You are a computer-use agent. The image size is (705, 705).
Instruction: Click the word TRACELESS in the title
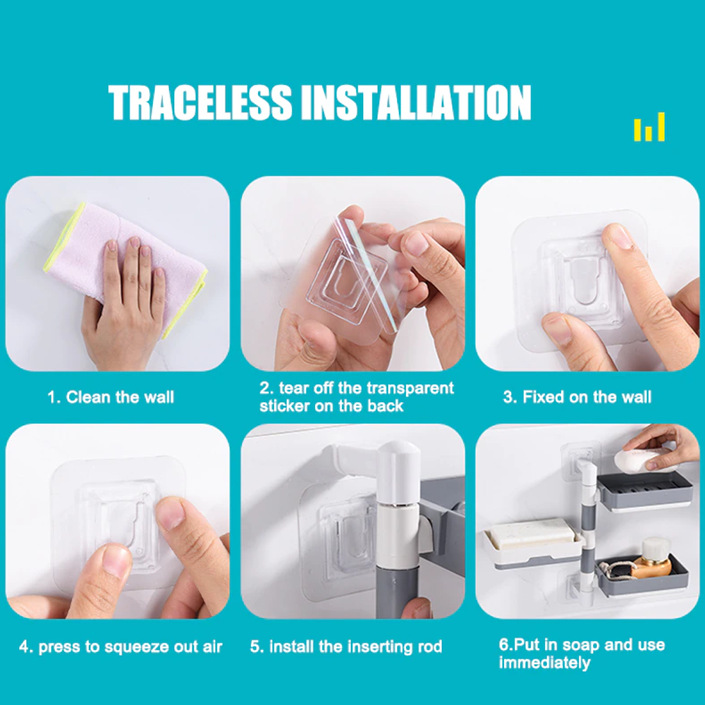(x=200, y=103)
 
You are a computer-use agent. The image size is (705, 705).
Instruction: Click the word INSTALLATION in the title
(x=416, y=103)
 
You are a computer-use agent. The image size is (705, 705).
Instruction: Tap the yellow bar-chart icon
(x=649, y=128)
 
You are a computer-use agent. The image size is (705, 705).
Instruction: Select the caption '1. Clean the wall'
(x=111, y=398)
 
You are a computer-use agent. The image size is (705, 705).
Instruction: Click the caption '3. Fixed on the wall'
(x=577, y=398)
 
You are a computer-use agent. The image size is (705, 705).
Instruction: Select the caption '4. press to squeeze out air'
(x=121, y=647)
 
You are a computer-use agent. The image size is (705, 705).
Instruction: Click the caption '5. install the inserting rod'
(x=346, y=647)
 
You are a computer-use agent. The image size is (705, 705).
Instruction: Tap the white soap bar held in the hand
(x=643, y=460)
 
